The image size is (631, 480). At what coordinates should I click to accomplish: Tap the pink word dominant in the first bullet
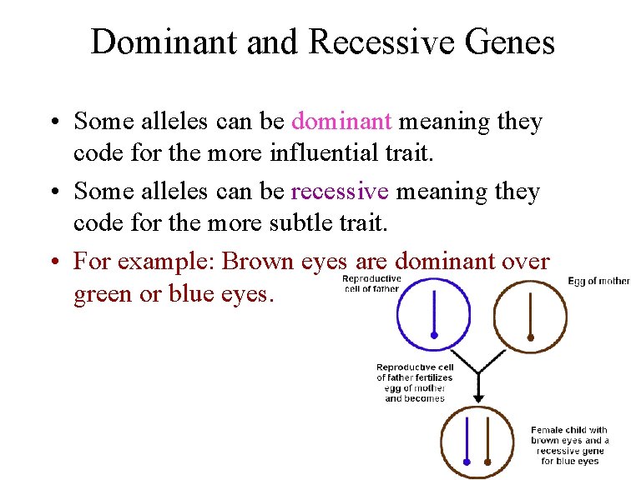tap(341, 122)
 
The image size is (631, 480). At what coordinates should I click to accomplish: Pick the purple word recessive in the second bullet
tap(340, 192)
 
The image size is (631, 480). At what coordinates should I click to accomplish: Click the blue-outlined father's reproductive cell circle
tap(433, 313)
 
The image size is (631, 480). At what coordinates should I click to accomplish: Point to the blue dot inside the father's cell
tap(434, 335)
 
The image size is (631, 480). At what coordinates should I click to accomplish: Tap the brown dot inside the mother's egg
tap(531, 337)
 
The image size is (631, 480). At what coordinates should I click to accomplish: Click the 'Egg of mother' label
tap(598, 282)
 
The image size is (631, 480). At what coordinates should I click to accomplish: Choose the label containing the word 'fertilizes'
tap(414, 382)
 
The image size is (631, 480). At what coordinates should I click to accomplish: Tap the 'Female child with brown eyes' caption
tap(569, 445)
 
